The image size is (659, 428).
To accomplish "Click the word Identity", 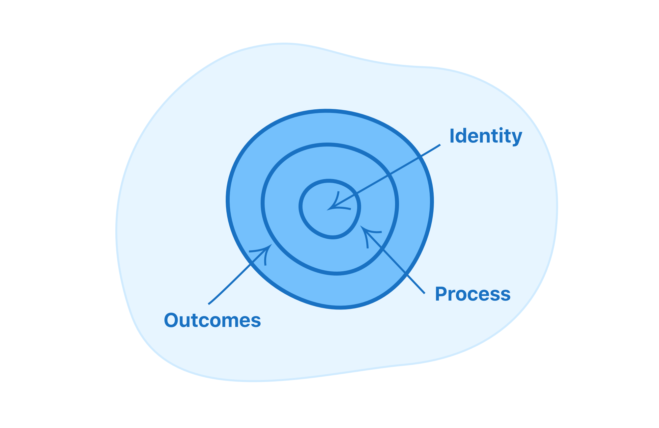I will tap(486, 136).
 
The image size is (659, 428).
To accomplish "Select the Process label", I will tap(473, 294).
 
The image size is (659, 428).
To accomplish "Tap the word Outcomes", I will tap(212, 320).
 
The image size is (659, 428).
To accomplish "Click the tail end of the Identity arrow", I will tap(440, 145).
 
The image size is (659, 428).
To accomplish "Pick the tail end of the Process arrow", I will tap(424, 293).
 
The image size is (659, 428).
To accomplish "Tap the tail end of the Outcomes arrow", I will tap(209, 304).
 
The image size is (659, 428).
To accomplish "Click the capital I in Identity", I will tap(452, 136).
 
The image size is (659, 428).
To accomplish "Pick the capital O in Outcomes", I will tap(173, 320).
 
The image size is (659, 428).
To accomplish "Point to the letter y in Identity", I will tap(517, 138).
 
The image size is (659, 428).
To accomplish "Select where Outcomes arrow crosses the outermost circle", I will tap(252, 263).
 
